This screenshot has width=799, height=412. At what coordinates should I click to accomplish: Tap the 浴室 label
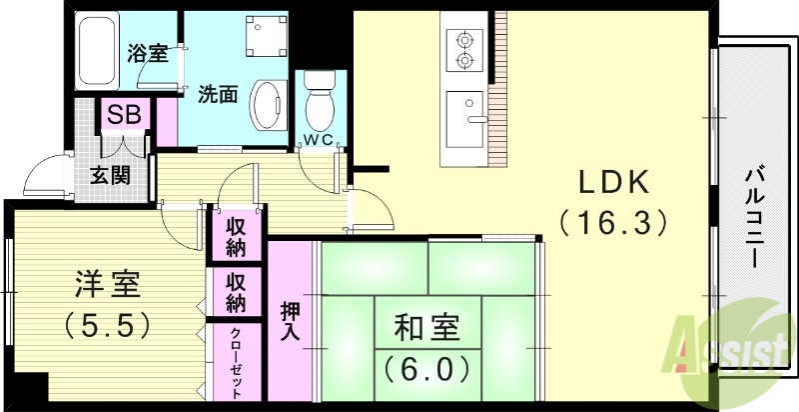148,54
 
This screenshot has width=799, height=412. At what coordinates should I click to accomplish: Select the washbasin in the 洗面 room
267,103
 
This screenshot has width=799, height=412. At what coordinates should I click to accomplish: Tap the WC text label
322,138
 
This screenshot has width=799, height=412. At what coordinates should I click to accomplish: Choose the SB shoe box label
124,114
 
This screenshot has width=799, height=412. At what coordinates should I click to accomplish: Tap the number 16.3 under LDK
612,221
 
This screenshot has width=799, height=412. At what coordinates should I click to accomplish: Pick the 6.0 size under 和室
424,369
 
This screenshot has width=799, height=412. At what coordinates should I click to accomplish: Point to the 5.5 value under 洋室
108,325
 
